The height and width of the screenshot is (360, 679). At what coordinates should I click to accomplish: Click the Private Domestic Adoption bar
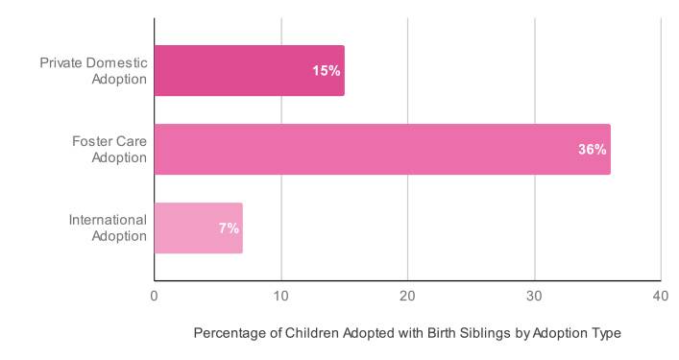pyautogui.click(x=249, y=71)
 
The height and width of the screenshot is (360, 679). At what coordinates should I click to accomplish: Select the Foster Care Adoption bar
pyautogui.click(x=381, y=150)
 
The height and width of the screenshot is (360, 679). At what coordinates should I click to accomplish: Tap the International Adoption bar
pyautogui.click(x=198, y=228)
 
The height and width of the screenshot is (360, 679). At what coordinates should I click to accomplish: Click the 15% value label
pyautogui.click(x=327, y=71)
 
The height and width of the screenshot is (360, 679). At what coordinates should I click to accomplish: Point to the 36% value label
pyautogui.click(x=592, y=150)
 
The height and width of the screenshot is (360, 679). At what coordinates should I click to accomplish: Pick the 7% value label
pyautogui.click(x=229, y=228)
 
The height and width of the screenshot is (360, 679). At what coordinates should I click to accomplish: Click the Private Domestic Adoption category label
pyautogui.click(x=93, y=71)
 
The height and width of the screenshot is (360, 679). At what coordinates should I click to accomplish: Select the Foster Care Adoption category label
pyautogui.click(x=109, y=150)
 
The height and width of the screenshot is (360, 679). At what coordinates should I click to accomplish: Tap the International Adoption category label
pyautogui.click(x=108, y=228)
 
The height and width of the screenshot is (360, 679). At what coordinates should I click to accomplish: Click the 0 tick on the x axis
pyautogui.click(x=154, y=297)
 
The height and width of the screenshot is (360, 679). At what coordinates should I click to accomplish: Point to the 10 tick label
pyautogui.click(x=280, y=297)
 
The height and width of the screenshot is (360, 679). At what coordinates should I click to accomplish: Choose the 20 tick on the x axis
pyautogui.click(x=407, y=297)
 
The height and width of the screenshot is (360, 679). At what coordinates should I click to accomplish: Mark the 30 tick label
pyautogui.click(x=534, y=297)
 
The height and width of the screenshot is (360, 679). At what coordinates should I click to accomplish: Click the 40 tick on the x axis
pyautogui.click(x=661, y=297)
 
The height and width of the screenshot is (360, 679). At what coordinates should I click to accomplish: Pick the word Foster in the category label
pyautogui.click(x=93, y=142)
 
